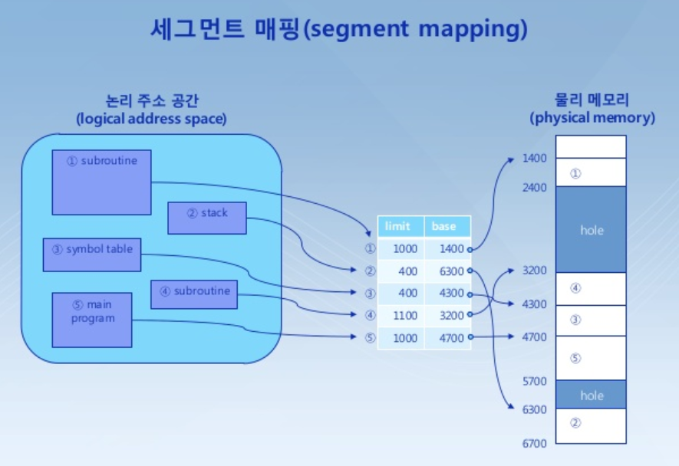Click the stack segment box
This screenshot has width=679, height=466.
click(x=207, y=218)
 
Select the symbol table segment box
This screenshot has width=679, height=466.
click(x=92, y=255)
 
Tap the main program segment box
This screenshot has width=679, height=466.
click(x=92, y=320)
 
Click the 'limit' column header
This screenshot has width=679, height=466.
click(x=400, y=226)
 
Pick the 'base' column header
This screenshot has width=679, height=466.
click(x=447, y=226)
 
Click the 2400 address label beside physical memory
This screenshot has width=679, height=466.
click(x=534, y=188)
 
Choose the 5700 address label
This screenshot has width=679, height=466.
click(x=534, y=381)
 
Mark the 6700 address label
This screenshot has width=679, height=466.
click(x=534, y=443)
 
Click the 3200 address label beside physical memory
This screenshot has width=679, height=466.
click(x=534, y=271)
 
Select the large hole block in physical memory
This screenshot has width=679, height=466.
click(x=591, y=229)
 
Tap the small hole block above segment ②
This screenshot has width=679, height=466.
click(x=591, y=394)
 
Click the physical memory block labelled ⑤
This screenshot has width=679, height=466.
click(x=591, y=358)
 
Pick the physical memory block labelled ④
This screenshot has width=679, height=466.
click(x=591, y=289)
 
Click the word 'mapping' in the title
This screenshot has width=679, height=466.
click(x=470, y=29)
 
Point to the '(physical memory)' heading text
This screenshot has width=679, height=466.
click(x=592, y=118)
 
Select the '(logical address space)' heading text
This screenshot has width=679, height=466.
click(x=152, y=119)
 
